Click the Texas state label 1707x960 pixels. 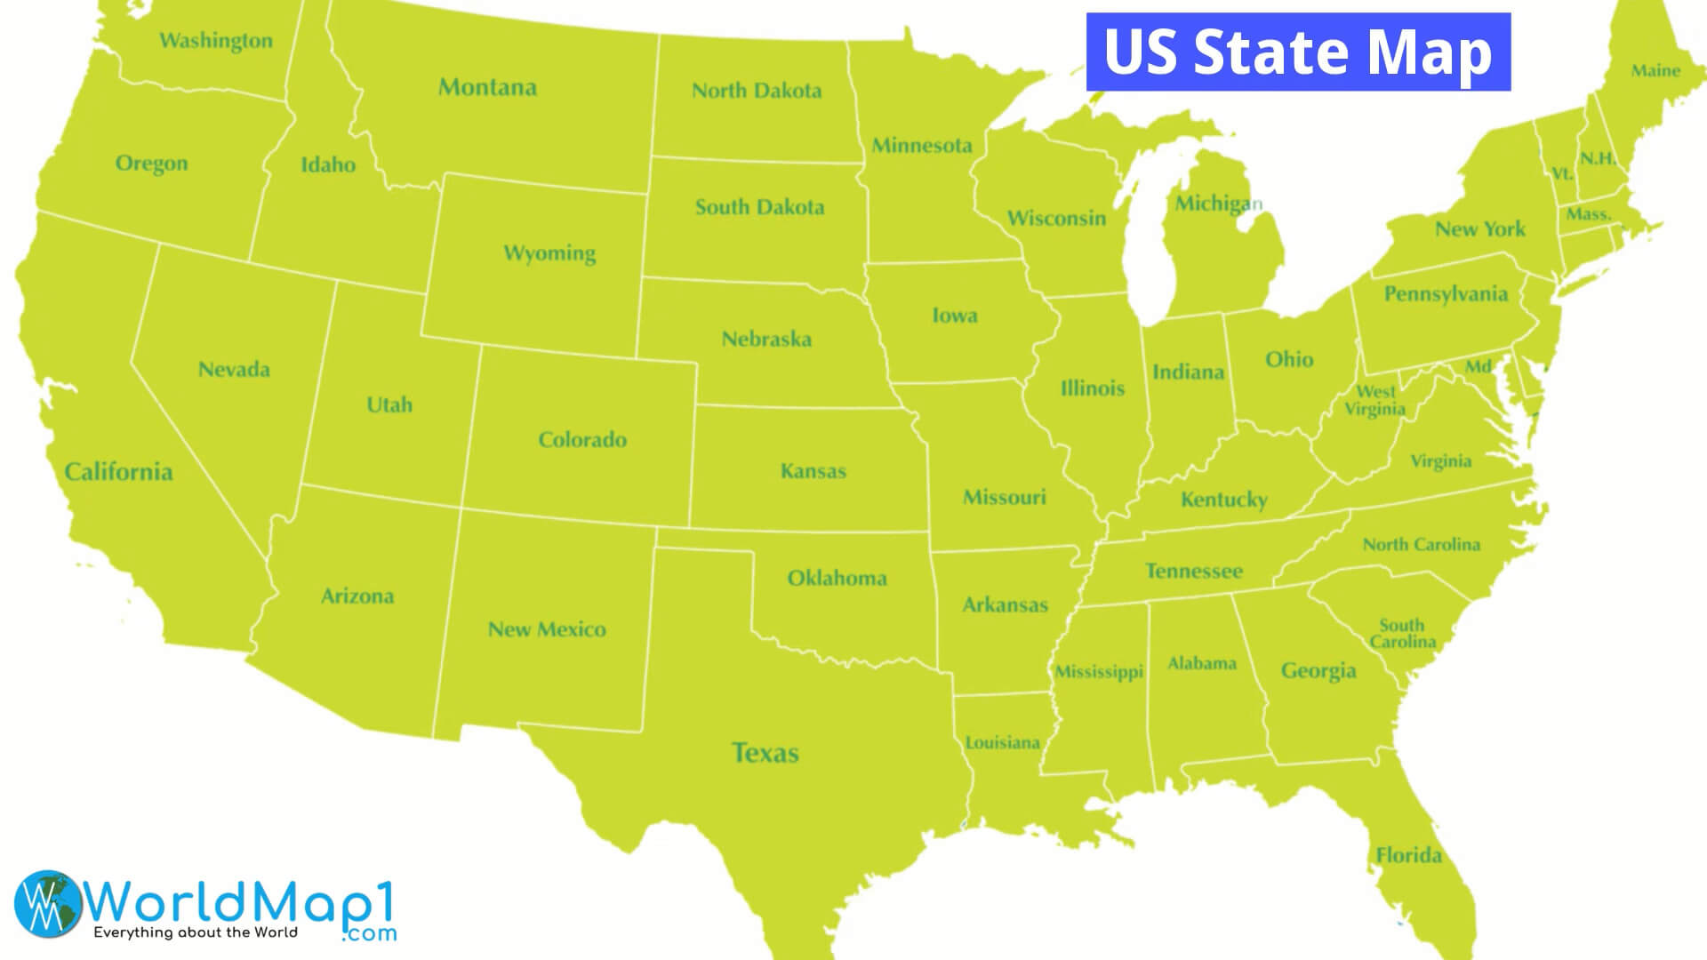coord(765,753)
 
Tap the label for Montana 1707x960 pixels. coord(487,87)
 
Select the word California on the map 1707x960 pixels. coord(118,471)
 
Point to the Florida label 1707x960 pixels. coord(1408,855)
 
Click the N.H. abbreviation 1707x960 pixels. coord(1598,159)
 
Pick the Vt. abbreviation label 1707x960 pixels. coord(1562,173)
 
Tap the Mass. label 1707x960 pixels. coord(1588,214)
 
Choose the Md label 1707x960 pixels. coord(1479,366)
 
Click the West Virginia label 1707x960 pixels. coord(1374,400)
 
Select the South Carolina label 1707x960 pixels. coord(1402,634)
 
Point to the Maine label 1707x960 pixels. coord(1655,70)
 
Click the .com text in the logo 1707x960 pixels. coord(369,933)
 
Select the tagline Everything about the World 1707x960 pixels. coord(196,932)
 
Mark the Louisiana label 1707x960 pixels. coord(1002,742)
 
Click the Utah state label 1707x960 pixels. coord(389,404)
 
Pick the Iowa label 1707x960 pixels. coord(954,316)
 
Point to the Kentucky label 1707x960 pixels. coord(1223,500)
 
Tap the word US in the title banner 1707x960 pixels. coord(1141,52)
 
